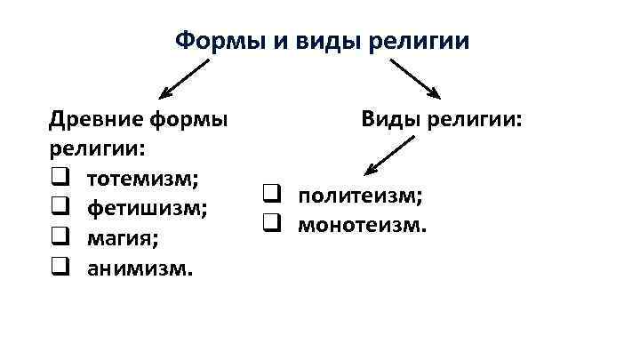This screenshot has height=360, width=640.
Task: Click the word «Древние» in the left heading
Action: coord(94,118)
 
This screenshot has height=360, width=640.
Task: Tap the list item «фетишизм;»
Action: coord(148,208)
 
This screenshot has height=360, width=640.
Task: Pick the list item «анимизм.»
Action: coord(139,268)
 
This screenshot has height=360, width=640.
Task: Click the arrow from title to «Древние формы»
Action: coord(184,78)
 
